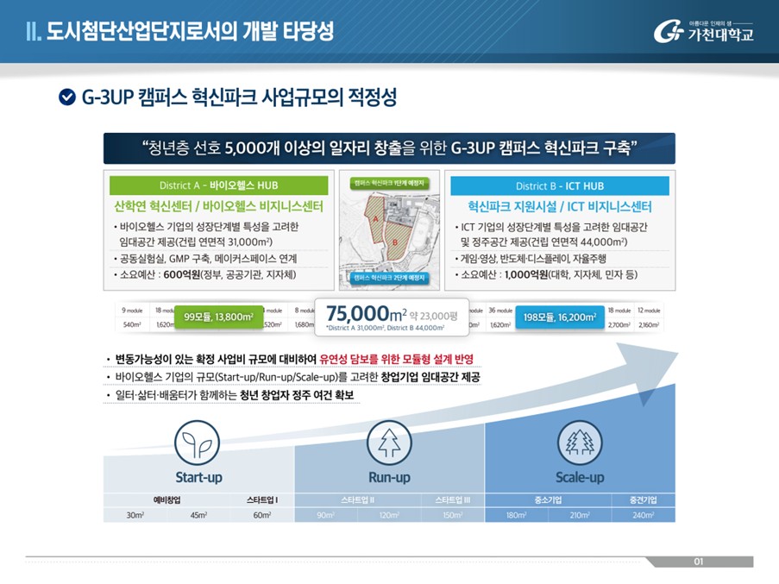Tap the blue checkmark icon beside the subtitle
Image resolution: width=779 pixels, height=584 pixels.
(66, 97)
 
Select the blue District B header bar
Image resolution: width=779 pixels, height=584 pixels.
(559, 185)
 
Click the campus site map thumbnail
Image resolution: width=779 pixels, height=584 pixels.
(388, 230)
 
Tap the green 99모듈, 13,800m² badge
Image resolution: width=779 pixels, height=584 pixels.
(218, 317)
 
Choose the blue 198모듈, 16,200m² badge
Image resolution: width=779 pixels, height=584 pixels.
(559, 317)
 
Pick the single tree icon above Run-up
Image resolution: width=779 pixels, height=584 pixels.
(384, 443)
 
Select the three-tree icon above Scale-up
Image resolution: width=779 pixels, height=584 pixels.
(579, 443)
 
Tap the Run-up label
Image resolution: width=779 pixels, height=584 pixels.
(389, 477)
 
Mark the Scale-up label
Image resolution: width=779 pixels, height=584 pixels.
(579, 477)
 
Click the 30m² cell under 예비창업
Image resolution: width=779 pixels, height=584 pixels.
(135, 515)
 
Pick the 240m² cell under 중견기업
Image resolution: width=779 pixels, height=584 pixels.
(643, 515)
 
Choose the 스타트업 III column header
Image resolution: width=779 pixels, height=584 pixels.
(452, 499)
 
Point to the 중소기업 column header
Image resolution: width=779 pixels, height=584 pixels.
(549, 499)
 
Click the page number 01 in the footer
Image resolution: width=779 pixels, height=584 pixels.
(699, 562)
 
